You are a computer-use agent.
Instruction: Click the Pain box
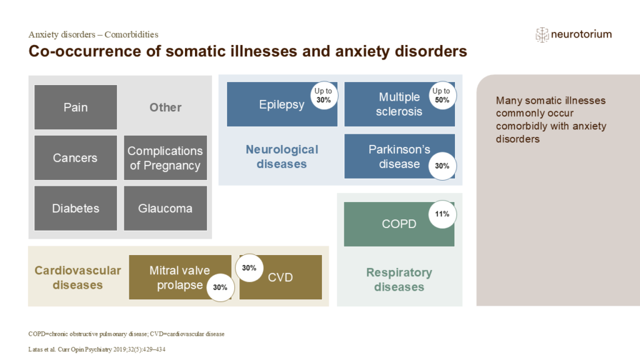coord(76,107)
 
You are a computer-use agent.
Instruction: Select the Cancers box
coord(76,158)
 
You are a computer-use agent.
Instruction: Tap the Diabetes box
coord(76,208)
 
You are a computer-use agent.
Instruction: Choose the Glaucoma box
coord(165,208)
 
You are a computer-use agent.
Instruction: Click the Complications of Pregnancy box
coord(165,158)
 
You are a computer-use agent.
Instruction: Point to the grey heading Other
coord(165,107)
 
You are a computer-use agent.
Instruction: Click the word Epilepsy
coord(281,104)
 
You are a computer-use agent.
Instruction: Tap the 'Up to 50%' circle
coord(441,95)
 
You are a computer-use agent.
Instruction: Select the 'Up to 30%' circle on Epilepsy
coord(324,95)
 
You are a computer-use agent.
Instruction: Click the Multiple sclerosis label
coord(399,104)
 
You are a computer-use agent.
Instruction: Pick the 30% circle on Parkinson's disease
coord(441,166)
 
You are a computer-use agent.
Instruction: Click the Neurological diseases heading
coord(281,157)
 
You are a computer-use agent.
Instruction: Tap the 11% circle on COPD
coord(442,214)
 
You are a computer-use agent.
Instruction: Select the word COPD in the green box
coord(399,224)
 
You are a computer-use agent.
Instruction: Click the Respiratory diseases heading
coord(399,280)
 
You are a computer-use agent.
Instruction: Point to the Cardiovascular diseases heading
coord(77,277)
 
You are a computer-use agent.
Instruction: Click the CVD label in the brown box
coord(280,277)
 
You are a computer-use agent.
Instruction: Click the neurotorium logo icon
coord(542,35)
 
